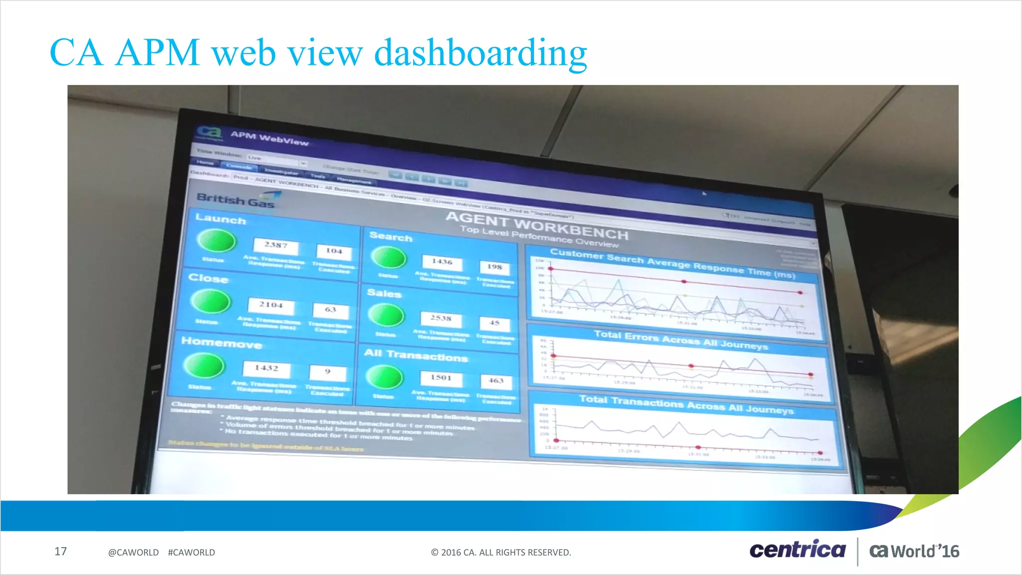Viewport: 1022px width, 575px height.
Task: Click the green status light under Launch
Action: [217, 241]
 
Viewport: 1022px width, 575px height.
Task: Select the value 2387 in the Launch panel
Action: [276, 245]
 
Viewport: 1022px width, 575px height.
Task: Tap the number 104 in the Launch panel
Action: [334, 251]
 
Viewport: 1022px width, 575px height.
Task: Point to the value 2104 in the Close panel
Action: [271, 304]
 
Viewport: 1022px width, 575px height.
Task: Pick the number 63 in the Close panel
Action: [330, 309]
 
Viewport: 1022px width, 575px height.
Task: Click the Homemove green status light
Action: [204, 366]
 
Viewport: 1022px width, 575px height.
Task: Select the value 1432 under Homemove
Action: [266, 368]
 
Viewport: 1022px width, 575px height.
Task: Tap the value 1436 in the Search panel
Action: [442, 262]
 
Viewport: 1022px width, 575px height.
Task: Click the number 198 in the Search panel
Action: [495, 267]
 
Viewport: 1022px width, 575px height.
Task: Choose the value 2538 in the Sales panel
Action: [441, 318]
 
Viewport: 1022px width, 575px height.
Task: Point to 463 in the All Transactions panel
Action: [496, 380]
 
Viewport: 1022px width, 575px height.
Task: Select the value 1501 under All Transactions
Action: [441, 378]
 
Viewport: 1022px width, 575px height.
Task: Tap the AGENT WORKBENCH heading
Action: [536, 225]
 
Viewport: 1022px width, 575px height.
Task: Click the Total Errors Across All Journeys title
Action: [681, 340]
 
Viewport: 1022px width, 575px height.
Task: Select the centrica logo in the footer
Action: [797, 550]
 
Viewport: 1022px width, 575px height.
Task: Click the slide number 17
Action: [60, 552]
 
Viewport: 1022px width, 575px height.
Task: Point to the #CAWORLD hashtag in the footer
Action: [192, 553]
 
